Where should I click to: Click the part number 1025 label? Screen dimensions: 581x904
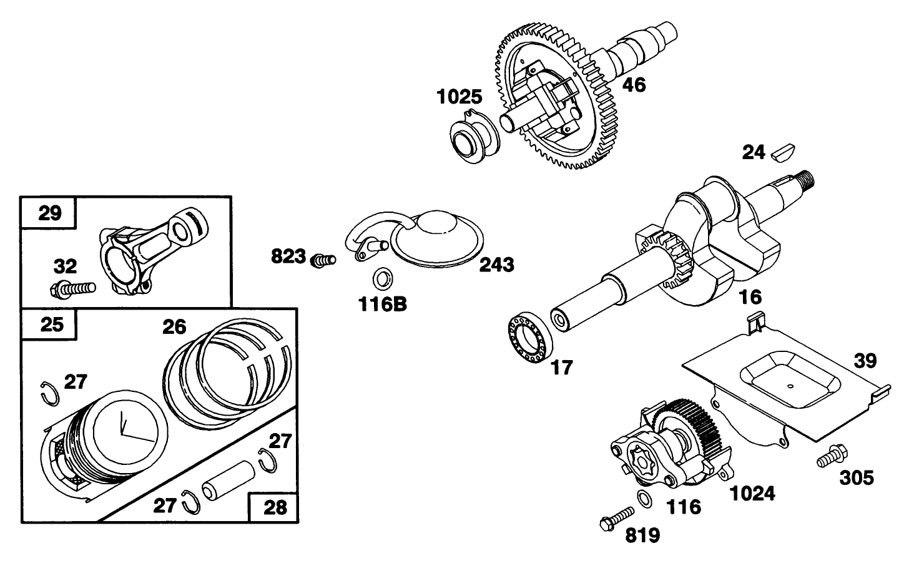pyautogui.click(x=459, y=97)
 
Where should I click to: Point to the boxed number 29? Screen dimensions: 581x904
pyautogui.click(x=50, y=213)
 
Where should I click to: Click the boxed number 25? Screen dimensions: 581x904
pyautogui.click(x=51, y=325)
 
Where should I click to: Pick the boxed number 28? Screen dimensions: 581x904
pyautogui.click(x=275, y=507)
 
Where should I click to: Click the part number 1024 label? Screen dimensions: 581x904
pyautogui.click(x=752, y=494)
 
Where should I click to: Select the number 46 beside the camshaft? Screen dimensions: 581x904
pyautogui.click(x=634, y=84)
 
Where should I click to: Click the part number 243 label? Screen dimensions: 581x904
pyautogui.click(x=496, y=265)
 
